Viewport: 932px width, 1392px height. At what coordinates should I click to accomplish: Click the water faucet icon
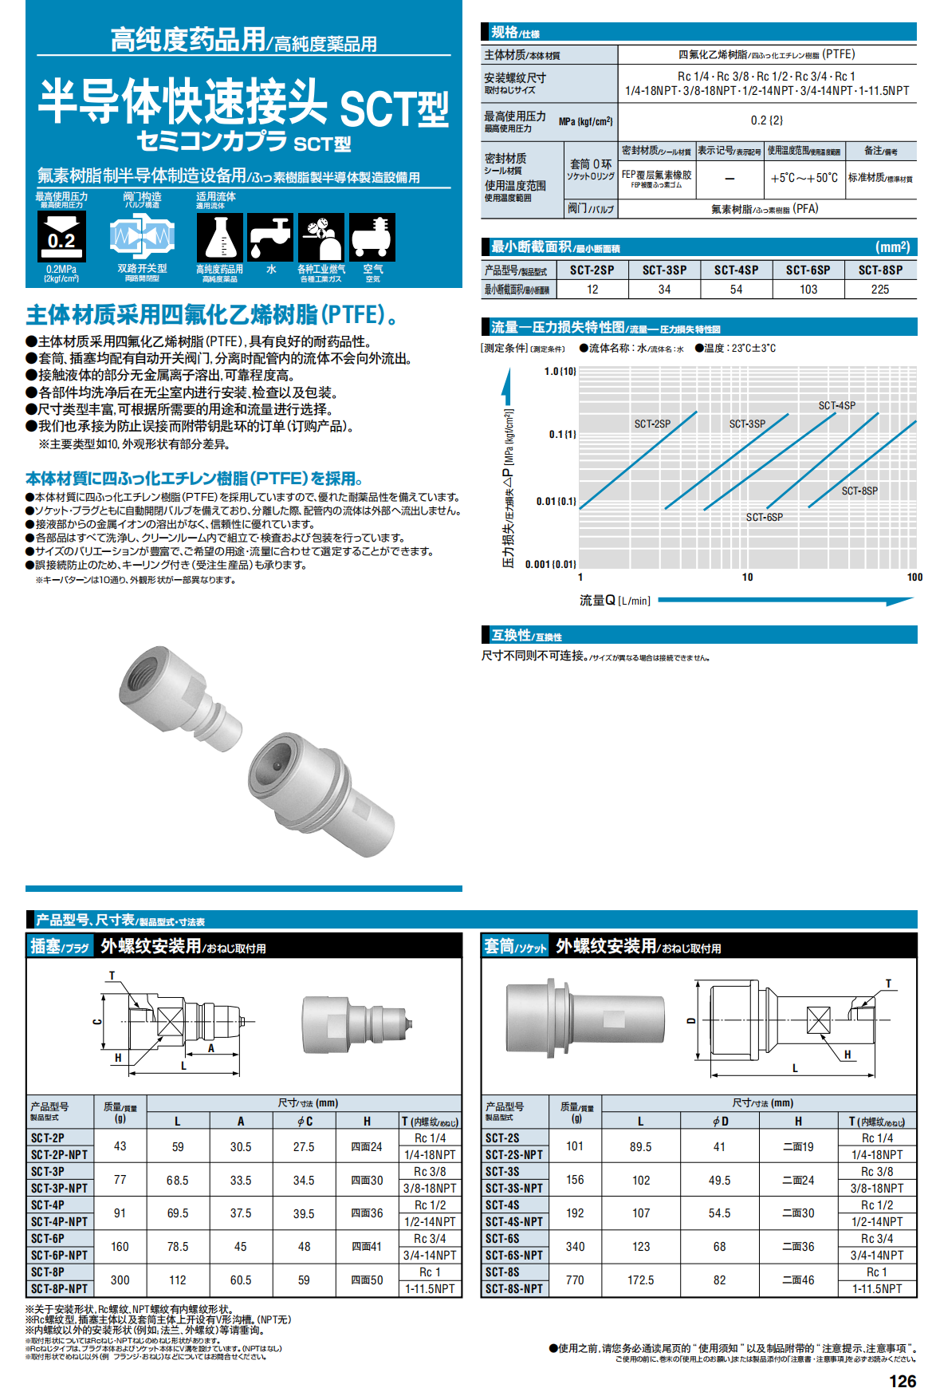click(271, 237)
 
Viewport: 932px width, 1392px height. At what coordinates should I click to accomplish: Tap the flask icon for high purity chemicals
click(219, 237)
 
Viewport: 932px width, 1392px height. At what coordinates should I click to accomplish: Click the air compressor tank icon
click(372, 237)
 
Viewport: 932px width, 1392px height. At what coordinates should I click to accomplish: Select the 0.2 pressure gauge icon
click(61, 237)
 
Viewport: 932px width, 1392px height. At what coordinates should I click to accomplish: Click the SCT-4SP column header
click(736, 270)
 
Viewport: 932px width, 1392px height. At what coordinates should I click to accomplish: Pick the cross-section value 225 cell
click(880, 290)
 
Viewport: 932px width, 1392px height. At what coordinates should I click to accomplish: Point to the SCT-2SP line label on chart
click(652, 424)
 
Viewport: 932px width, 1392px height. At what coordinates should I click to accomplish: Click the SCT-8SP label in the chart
click(859, 491)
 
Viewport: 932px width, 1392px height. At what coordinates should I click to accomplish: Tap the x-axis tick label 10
click(747, 578)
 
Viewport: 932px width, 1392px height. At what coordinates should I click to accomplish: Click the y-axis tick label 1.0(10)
click(560, 372)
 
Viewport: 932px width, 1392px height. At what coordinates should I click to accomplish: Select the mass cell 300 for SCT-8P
click(120, 1280)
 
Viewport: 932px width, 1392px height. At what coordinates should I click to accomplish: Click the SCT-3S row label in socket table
click(502, 1172)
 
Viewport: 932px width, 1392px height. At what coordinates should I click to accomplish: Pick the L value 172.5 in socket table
click(640, 1280)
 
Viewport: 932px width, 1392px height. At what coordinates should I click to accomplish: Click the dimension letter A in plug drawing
click(211, 1048)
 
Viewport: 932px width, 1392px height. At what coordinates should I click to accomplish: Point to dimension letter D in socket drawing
click(691, 1020)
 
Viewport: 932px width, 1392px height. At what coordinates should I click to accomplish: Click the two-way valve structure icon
click(142, 237)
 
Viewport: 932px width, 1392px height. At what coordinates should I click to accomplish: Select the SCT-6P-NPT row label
click(59, 1256)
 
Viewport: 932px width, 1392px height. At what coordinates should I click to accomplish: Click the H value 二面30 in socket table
click(798, 1213)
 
